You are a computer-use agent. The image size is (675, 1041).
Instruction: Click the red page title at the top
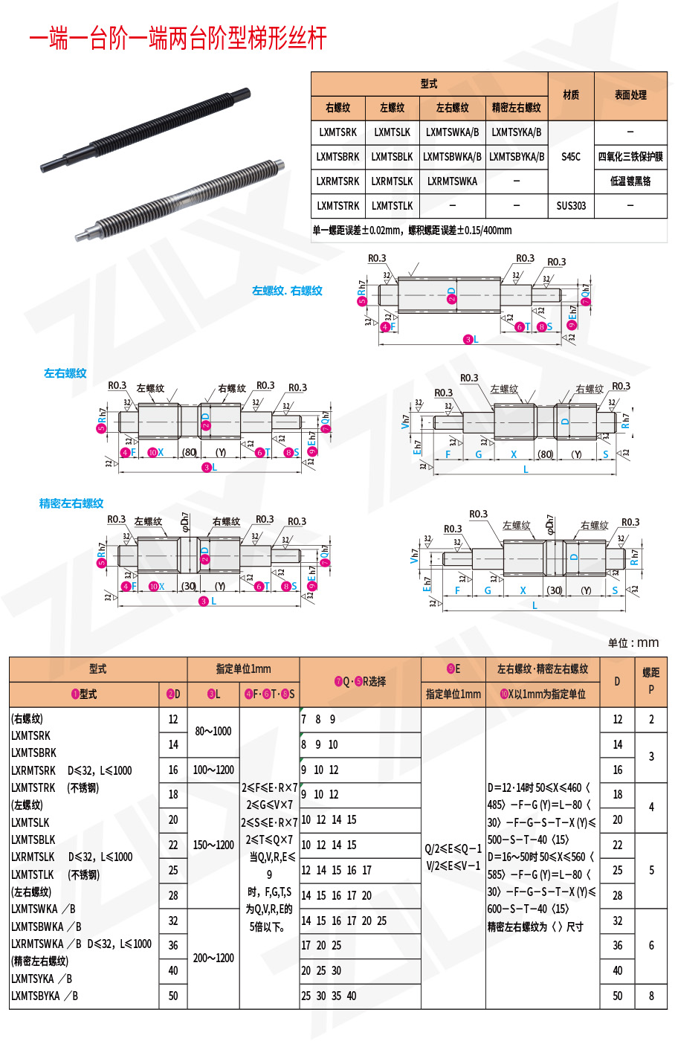coord(178,38)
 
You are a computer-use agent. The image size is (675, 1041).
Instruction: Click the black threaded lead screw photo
coord(145,130)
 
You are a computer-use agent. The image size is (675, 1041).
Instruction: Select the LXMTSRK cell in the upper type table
coord(337,132)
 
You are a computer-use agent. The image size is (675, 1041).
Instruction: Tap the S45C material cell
coord(571,157)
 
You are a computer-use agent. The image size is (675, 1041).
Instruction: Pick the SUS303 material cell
coord(571,206)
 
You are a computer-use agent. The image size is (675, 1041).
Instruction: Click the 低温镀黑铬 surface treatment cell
coord(630,181)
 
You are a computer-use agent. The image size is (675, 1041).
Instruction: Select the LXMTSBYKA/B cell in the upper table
coord(517,157)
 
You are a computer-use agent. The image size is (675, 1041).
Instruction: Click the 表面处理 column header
coord(630,95)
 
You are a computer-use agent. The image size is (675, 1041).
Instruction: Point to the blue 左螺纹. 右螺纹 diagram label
coord(287,291)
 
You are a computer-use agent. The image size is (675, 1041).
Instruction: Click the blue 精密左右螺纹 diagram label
coord(71,503)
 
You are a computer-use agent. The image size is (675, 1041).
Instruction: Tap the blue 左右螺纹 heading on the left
coord(65,373)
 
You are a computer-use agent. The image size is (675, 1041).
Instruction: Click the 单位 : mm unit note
coord(633,643)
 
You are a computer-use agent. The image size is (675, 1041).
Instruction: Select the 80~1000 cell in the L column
coord(213,732)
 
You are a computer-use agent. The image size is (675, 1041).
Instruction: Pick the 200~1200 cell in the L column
coord(213,958)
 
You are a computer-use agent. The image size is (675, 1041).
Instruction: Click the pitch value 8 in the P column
coord(651,996)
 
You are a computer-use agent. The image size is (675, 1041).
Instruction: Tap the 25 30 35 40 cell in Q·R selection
coord(329,996)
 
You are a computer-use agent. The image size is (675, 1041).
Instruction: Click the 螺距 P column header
coord(651,680)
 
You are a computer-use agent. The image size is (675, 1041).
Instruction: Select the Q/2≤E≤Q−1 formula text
coord(453,848)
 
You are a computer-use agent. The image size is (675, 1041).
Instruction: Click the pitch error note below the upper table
coord(412,231)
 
